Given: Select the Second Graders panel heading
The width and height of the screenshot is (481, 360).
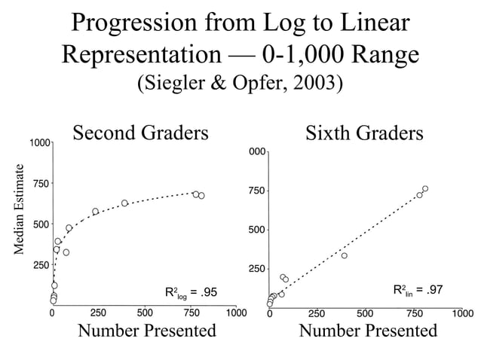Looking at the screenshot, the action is pyautogui.click(x=140, y=133).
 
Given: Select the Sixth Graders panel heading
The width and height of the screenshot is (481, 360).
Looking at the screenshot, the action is pyautogui.click(x=364, y=133).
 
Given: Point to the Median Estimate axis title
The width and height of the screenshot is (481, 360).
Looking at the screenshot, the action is pyautogui.click(x=19, y=209).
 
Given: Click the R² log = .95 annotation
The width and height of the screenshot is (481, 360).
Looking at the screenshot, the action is pyautogui.click(x=191, y=293).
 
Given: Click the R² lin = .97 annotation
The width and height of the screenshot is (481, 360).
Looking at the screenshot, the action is pyautogui.click(x=418, y=290).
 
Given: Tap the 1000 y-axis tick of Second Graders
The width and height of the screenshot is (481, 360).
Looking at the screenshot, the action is pyautogui.click(x=40, y=143).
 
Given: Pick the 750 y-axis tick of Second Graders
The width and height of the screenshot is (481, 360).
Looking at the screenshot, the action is pyautogui.click(x=41, y=184).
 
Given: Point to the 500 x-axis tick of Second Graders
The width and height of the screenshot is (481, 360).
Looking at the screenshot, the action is pyautogui.click(x=145, y=313).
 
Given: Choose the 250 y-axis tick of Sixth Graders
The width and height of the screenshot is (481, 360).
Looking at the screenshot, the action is pyautogui.click(x=256, y=269).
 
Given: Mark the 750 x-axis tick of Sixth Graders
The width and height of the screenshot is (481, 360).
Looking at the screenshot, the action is pyautogui.click(x=415, y=313).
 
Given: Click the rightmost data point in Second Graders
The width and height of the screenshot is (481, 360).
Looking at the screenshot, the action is pyautogui.click(x=201, y=196).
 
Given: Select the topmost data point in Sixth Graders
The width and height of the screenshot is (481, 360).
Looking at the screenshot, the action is pyautogui.click(x=425, y=188).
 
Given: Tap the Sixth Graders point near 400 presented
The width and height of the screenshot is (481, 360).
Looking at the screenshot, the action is pyautogui.click(x=345, y=255).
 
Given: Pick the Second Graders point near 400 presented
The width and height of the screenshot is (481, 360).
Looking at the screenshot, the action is pyautogui.click(x=124, y=203).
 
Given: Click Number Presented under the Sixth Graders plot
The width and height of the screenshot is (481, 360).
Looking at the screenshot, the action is pyautogui.click(x=368, y=331).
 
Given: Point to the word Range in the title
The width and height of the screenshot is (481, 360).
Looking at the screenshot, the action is pyautogui.click(x=385, y=55).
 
